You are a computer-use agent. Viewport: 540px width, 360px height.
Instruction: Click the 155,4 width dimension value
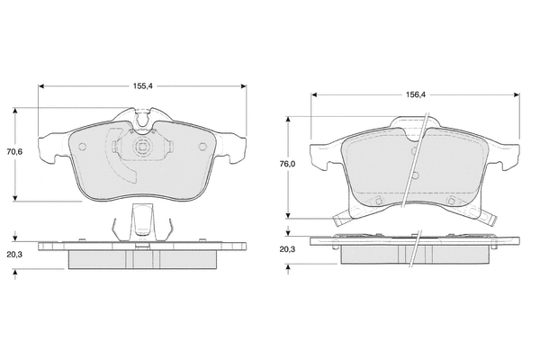[142, 86]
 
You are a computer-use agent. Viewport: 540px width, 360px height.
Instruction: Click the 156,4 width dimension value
[416, 94]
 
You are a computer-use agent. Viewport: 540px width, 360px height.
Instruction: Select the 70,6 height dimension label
[14, 151]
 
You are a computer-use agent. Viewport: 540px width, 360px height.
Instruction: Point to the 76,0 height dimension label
[288, 165]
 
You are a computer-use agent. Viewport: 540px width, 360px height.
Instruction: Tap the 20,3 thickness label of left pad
[14, 255]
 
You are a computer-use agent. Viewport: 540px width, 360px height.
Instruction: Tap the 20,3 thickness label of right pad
[288, 249]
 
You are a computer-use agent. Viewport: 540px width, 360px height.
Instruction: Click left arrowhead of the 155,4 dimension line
[41, 86]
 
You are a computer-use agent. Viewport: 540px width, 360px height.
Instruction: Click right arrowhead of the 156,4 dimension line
[517, 94]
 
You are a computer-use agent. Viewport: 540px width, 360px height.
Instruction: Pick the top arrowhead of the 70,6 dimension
[14, 110]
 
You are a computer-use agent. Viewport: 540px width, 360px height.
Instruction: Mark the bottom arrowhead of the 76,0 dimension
[288, 215]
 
